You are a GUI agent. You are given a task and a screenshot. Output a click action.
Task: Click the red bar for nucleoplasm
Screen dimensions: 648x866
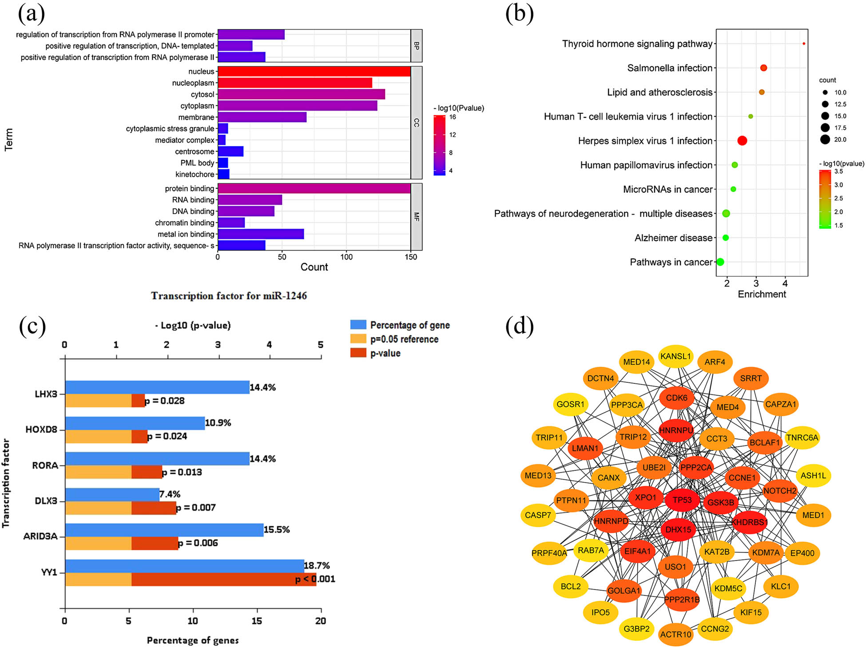pos(295,83)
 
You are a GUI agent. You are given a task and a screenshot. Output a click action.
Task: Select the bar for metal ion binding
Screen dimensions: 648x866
pos(261,234)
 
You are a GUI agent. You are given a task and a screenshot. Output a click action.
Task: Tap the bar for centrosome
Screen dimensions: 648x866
pos(230,151)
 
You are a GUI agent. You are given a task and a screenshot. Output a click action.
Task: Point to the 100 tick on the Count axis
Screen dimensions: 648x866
pos(346,257)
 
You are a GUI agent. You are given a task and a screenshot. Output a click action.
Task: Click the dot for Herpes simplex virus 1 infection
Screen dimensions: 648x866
pos(742,141)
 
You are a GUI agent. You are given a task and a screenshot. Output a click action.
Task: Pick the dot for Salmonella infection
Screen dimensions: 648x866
pos(763,68)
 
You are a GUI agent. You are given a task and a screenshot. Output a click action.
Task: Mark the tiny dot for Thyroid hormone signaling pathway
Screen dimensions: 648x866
pos(804,44)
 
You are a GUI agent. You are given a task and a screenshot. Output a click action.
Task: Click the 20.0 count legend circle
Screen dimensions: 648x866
pos(825,139)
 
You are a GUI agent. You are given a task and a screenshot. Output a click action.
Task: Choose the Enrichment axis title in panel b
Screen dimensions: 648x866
pos(762,294)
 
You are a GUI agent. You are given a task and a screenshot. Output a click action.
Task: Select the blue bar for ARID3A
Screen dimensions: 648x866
pos(164,530)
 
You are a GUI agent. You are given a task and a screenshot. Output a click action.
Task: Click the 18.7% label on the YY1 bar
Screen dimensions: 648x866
pos(317,565)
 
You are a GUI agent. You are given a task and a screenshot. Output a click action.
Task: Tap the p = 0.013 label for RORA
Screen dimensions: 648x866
pos(182,472)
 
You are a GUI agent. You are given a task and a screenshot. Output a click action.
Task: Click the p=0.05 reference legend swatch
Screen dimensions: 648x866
pos(358,339)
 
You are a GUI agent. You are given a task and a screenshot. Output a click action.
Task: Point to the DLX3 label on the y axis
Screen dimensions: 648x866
pos(46,501)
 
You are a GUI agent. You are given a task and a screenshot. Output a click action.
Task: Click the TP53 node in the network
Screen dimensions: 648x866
pos(682,500)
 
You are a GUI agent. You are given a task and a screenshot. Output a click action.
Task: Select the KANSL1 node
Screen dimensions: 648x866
pos(675,356)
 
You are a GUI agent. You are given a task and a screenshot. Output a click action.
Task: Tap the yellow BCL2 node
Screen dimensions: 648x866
pos(571,586)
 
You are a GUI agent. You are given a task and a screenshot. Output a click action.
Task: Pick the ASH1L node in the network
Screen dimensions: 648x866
pos(813,476)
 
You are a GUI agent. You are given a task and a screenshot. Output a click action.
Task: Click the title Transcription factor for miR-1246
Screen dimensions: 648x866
pos(229,296)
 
